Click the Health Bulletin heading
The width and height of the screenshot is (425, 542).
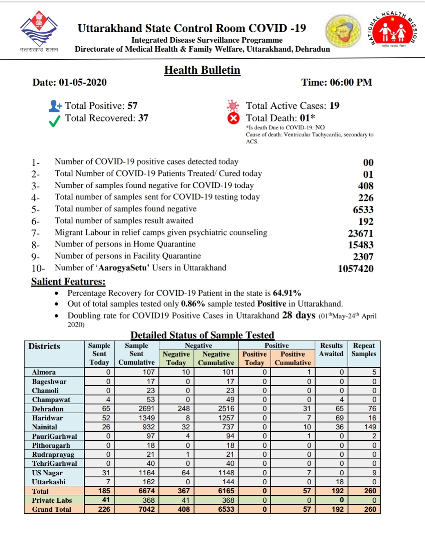point(202,70)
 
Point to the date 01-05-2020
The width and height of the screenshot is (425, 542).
point(83,82)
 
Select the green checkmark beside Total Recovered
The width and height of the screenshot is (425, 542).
point(54,121)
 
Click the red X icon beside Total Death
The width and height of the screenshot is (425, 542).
point(233,118)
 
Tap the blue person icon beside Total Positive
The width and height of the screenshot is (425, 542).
point(55,106)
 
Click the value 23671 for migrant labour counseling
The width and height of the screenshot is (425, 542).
point(360,233)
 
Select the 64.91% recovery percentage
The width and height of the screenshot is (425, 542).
point(287,293)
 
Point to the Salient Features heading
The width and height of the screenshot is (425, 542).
point(68,282)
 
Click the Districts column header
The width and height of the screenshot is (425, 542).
point(44,346)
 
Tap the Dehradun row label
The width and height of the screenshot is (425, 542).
point(47,409)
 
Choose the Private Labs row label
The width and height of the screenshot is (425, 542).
point(52,500)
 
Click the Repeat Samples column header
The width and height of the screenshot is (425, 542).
point(364,350)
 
